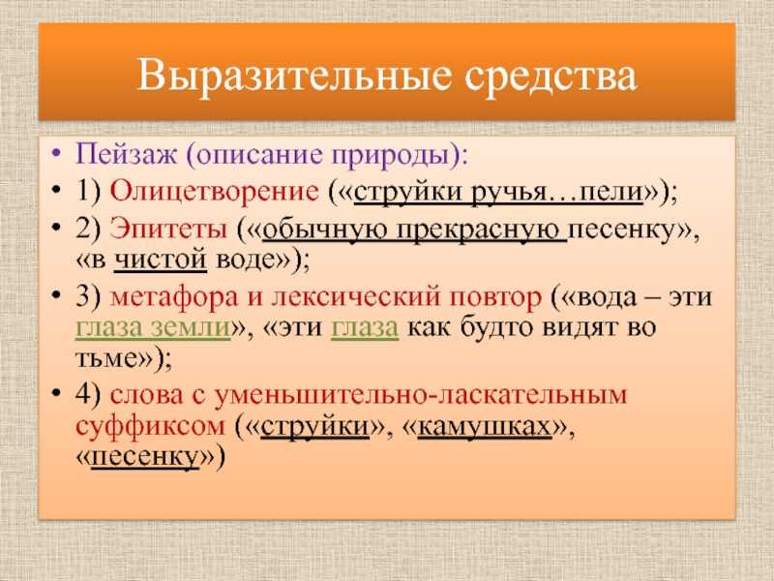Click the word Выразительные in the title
tap(294, 76)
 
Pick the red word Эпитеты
tap(168, 229)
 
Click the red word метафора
tap(174, 297)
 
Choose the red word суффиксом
tap(151, 426)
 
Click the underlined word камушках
tap(485, 426)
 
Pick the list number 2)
tap(88, 229)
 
